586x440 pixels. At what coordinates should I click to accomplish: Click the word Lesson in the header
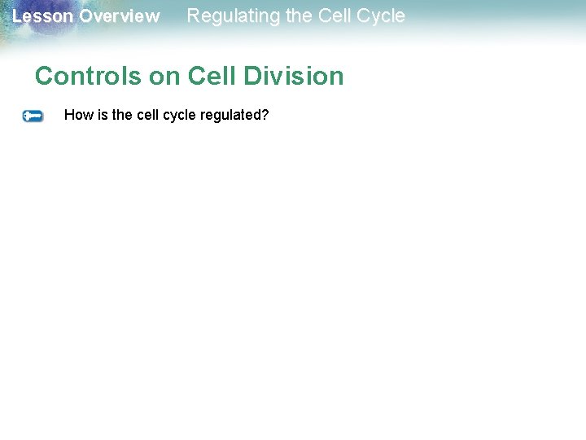pos(42,16)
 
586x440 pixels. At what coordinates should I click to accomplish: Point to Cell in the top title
pos(333,15)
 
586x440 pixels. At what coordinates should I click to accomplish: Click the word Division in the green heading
pos(293,76)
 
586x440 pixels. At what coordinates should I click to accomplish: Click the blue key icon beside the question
pos(33,117)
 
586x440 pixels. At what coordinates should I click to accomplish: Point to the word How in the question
pos(79,115)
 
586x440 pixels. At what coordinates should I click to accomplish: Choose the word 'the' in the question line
pos(123,115)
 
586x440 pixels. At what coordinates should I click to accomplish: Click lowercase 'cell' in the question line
pos(148,115)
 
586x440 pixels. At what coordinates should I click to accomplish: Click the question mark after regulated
pos(265,115)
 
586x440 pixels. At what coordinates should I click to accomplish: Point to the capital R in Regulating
pos(194,15)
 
